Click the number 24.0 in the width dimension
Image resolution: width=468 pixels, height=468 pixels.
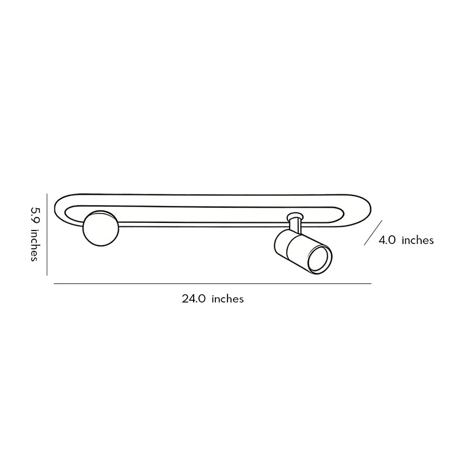(193, 298)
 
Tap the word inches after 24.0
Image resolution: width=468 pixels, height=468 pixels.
(228, 298)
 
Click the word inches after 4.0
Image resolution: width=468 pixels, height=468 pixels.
(418, 240)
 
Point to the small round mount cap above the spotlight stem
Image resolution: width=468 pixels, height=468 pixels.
(295, 215)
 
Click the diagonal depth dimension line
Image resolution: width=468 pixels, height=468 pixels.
(373, 233)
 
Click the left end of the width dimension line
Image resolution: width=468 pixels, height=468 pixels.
(55, 284)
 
